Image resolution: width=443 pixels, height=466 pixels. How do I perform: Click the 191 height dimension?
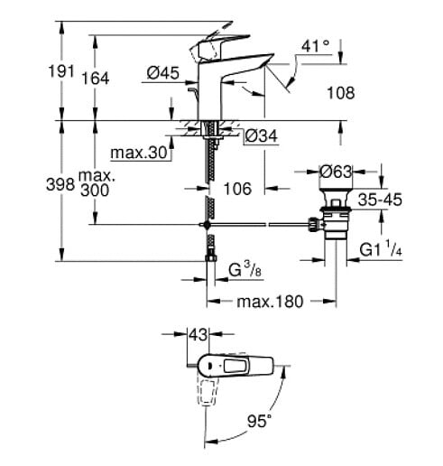pyautogui.click(x=61, y=71)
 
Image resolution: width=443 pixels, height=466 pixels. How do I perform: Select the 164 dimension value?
pyautogui.click(x=96, y=79)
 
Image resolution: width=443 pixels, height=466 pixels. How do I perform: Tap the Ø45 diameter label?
pyautogui.click(x=163, y=73)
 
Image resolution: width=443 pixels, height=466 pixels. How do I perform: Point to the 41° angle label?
pyautogui.click(x=316, y=46)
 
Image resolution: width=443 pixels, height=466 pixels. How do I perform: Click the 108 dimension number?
pyautogui.click(x=341, y=93)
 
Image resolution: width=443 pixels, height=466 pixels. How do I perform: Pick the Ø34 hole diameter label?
pyautogui.click(x=261, y=136)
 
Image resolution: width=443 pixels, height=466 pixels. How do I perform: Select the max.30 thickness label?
pyautogui.click(x=139, y=153)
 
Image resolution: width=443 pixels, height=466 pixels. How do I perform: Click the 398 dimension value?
pyautogui.click(x=60, y=184)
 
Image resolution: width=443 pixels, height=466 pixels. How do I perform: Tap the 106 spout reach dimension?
pyautogui.click(x=237, y=189)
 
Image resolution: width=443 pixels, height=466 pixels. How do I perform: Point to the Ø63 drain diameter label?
pyautogui.click(x=336, y=172)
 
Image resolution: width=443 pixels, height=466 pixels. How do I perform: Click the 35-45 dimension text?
pyautogui.click(x=380, y=200)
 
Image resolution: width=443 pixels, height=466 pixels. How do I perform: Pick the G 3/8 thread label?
pyautogui.click(x=245, y=269)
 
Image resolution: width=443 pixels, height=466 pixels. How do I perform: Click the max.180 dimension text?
pyautogui.click(x=270, y=302)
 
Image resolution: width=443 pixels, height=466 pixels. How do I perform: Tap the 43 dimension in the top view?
pyautogui.click(x=198, y=334)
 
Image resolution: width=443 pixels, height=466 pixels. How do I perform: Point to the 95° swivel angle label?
pyautogui.click(x=259, y=421)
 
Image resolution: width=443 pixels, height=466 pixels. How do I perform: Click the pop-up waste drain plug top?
pyautogui.click(x=336, y=198)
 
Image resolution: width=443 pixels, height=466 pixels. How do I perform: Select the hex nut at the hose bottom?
pyautogui.click(x=211, y=258)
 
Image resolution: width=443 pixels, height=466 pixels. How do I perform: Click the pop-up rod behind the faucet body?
pyautogui.click(x=193, y=95)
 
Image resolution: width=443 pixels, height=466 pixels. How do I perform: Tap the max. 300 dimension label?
pyautogui.click(x=97, y=183)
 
